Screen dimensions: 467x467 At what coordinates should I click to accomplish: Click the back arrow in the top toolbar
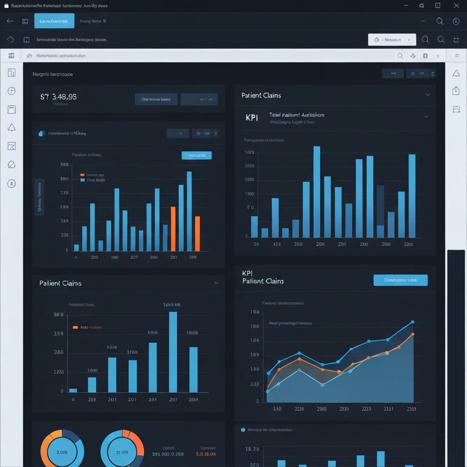click(x=10, y=21)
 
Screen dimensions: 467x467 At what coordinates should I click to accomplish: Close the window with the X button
click(x=457, y=5)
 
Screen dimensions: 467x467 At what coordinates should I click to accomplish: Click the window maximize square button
click(x=438, y=5)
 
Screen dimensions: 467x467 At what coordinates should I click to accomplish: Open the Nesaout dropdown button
click(x=392, y=40)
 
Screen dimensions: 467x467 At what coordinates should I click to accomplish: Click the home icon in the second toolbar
click(x=10, y=40)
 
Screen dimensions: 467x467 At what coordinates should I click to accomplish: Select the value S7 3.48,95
click(x=58, y=97)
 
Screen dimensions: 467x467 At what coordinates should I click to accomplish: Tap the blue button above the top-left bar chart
click(x=197, y=156)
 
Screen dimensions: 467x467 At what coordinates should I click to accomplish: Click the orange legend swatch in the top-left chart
click(x=82, y=175)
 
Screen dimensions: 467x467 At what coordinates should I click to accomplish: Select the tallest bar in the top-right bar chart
click(x=317, y=192)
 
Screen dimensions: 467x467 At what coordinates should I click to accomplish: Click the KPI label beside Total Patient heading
click(x=252, y=118)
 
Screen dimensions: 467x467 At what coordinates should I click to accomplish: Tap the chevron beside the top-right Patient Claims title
click(x=428, y=95)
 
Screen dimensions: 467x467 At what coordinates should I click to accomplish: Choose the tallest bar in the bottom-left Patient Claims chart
click(x=173, y=352)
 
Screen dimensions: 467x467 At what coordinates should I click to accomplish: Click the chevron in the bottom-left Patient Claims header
click(x=216, y=283)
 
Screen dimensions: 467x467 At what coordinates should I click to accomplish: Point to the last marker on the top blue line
click(x=413, y=322)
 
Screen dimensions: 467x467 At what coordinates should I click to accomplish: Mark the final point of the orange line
click(x=413, y=334)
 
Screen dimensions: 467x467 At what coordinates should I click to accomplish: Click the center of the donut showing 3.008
click(x=62, y=452)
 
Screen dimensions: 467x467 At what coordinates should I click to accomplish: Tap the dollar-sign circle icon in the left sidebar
click(x=12, y=183)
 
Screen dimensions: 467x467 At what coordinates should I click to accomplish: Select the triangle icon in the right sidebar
click(x=456, y=73)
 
